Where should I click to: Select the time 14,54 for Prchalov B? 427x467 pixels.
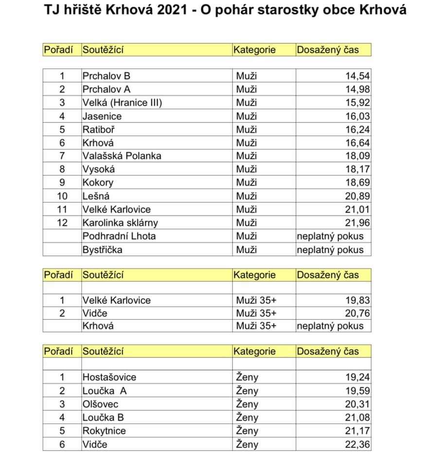pyautogui.click(x=357, y=76)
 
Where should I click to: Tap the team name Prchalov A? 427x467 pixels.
pyautogui.click(x=107, y=89)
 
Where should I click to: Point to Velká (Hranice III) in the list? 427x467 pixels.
pyautogui.click(x=122, y=103)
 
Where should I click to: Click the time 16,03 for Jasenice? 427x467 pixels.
pyautogui.click(x=357, y=116)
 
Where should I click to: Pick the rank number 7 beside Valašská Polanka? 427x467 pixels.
pyautogui.click(x=62, y=156)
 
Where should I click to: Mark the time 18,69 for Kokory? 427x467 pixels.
pyautogui.click(x=357, y=183)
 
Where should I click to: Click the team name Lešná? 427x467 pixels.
pyautogui.click(x=96, y=197)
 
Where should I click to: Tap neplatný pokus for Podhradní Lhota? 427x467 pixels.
pyautogui.click(x=330, y=236)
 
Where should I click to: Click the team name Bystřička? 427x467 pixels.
pyautogui.click(x=102, y=250)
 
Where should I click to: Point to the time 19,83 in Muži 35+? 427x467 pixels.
pyautogui.click(x=357, y=300)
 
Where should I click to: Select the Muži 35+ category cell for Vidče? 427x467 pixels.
pyautogui.click(x=256, y=313)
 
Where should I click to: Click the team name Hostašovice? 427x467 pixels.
pyautogui.click(x=109, y=377)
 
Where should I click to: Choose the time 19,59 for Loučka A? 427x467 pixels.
pyautogui.click(x=357, y=391)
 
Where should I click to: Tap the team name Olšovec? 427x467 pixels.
pyautogui.click(x=101, y=404)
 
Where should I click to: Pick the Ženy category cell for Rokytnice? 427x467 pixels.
pyautogui.click(x=247, y=431)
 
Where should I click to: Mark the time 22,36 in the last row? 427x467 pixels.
pyautogui.click(x=357, y=444)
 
